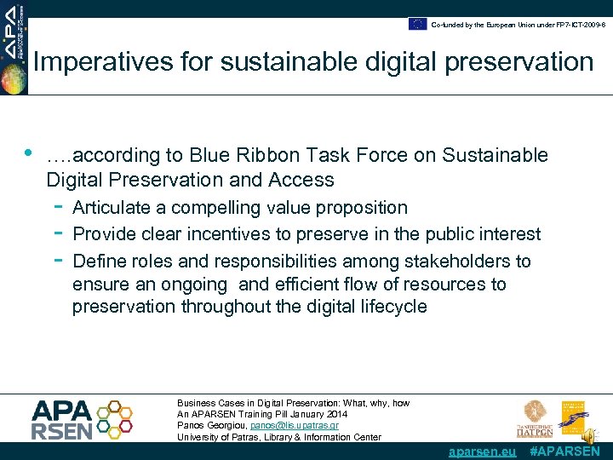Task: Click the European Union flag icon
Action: tap(417, 24)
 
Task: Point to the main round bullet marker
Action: tap(28, 153)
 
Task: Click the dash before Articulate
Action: tap(57, 206)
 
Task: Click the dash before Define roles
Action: tap(57, 260)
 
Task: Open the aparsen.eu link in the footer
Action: tap(482, 451)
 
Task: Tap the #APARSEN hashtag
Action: tap(564, 451)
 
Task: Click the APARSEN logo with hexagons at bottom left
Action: tap(82, 418)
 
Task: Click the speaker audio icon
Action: tap(588, 435)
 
